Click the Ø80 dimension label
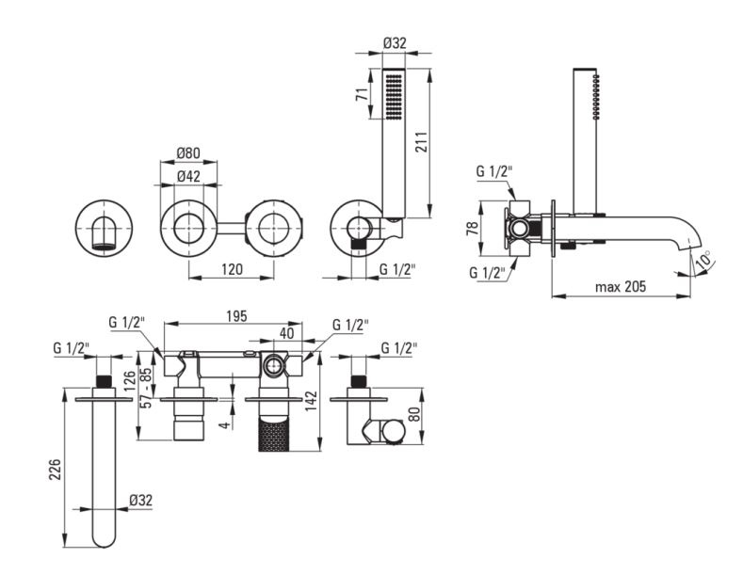tap(188, 153)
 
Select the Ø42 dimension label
tap(188, 176)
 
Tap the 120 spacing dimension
tap(232, 269)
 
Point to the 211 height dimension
tap(422, 141)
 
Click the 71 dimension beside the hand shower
tap(363, 94)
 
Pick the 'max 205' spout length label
tap(621, 286)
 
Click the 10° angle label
tap(704, 259)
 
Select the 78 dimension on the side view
tap(473, 229)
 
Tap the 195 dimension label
tap(236, 316)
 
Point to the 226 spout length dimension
tap(56, 469)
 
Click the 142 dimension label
tap(311, 401)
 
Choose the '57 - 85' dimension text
tap(147, 388)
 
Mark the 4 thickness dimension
tap(227, 424)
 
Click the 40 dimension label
tap(286, 333)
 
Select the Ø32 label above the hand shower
tap(395, 43)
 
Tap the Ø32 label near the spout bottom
tap(140, 500)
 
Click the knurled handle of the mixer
tap(274, 435)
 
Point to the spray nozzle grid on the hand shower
tap(394, 98)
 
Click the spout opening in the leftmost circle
tap(104, 247)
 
